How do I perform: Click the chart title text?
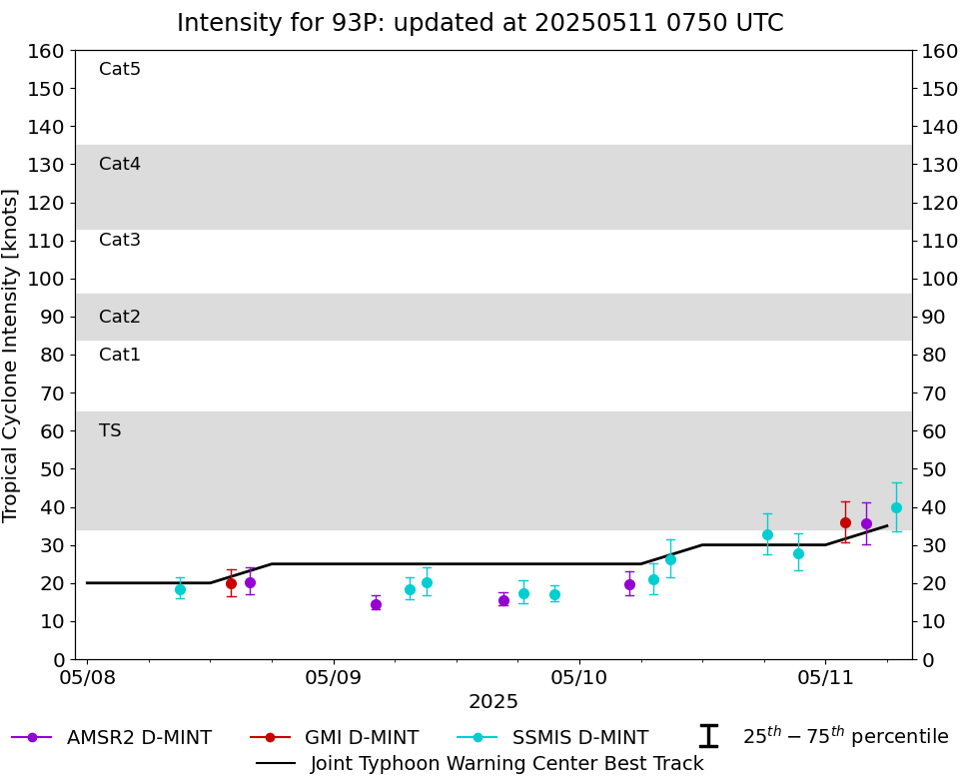[x=480, y=23]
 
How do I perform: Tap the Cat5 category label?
[x=120, y=69]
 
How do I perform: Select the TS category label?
[x=110, y=430]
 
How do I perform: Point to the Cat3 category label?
[x=120, y=240]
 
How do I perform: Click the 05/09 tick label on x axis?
[x=334, y=678]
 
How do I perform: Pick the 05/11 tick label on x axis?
[x=825, y=678]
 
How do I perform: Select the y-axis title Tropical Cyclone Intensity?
[x=12, y=355]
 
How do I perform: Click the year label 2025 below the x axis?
[x=493, y=702]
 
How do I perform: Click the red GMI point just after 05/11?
[x=845, y=522]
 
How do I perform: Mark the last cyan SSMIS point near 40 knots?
[x=896, y=507]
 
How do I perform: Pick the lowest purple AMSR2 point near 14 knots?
[x=376, y=604]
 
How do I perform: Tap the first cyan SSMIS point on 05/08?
[x=180, y=589]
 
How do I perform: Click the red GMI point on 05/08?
[x=231, y=583]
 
